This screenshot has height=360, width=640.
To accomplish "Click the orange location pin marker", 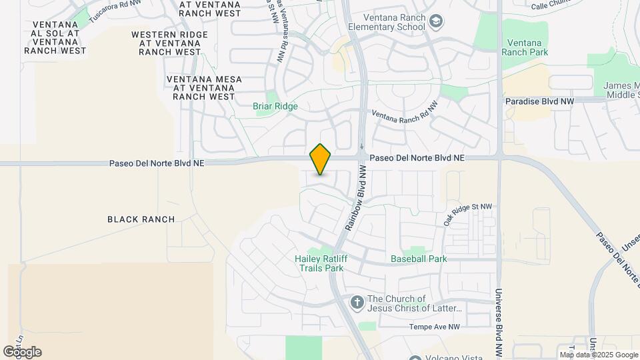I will [x=321, y=159].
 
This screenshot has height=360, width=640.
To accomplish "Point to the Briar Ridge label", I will [x=275, y=106].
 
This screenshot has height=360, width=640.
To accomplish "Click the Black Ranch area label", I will [x=141, y=219].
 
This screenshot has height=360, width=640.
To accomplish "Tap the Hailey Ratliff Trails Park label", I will [x=319, y=263].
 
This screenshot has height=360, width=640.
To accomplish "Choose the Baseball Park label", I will [x=419, y=259].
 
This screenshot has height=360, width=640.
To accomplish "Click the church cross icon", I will [x=357, y=303].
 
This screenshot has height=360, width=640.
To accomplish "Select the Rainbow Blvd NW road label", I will [x=357, y=199].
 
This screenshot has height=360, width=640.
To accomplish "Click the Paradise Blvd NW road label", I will [x=539, y=101].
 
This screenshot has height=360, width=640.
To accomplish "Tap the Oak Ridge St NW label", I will [x=467, y=215].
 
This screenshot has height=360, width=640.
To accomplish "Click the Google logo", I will [x=22, y=352].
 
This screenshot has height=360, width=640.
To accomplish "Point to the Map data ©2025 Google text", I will [x=598, y=355].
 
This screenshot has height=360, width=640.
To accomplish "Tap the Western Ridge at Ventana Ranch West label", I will [x=166, y=43].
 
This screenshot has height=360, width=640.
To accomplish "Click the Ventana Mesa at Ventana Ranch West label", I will [x=203, y=87].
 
